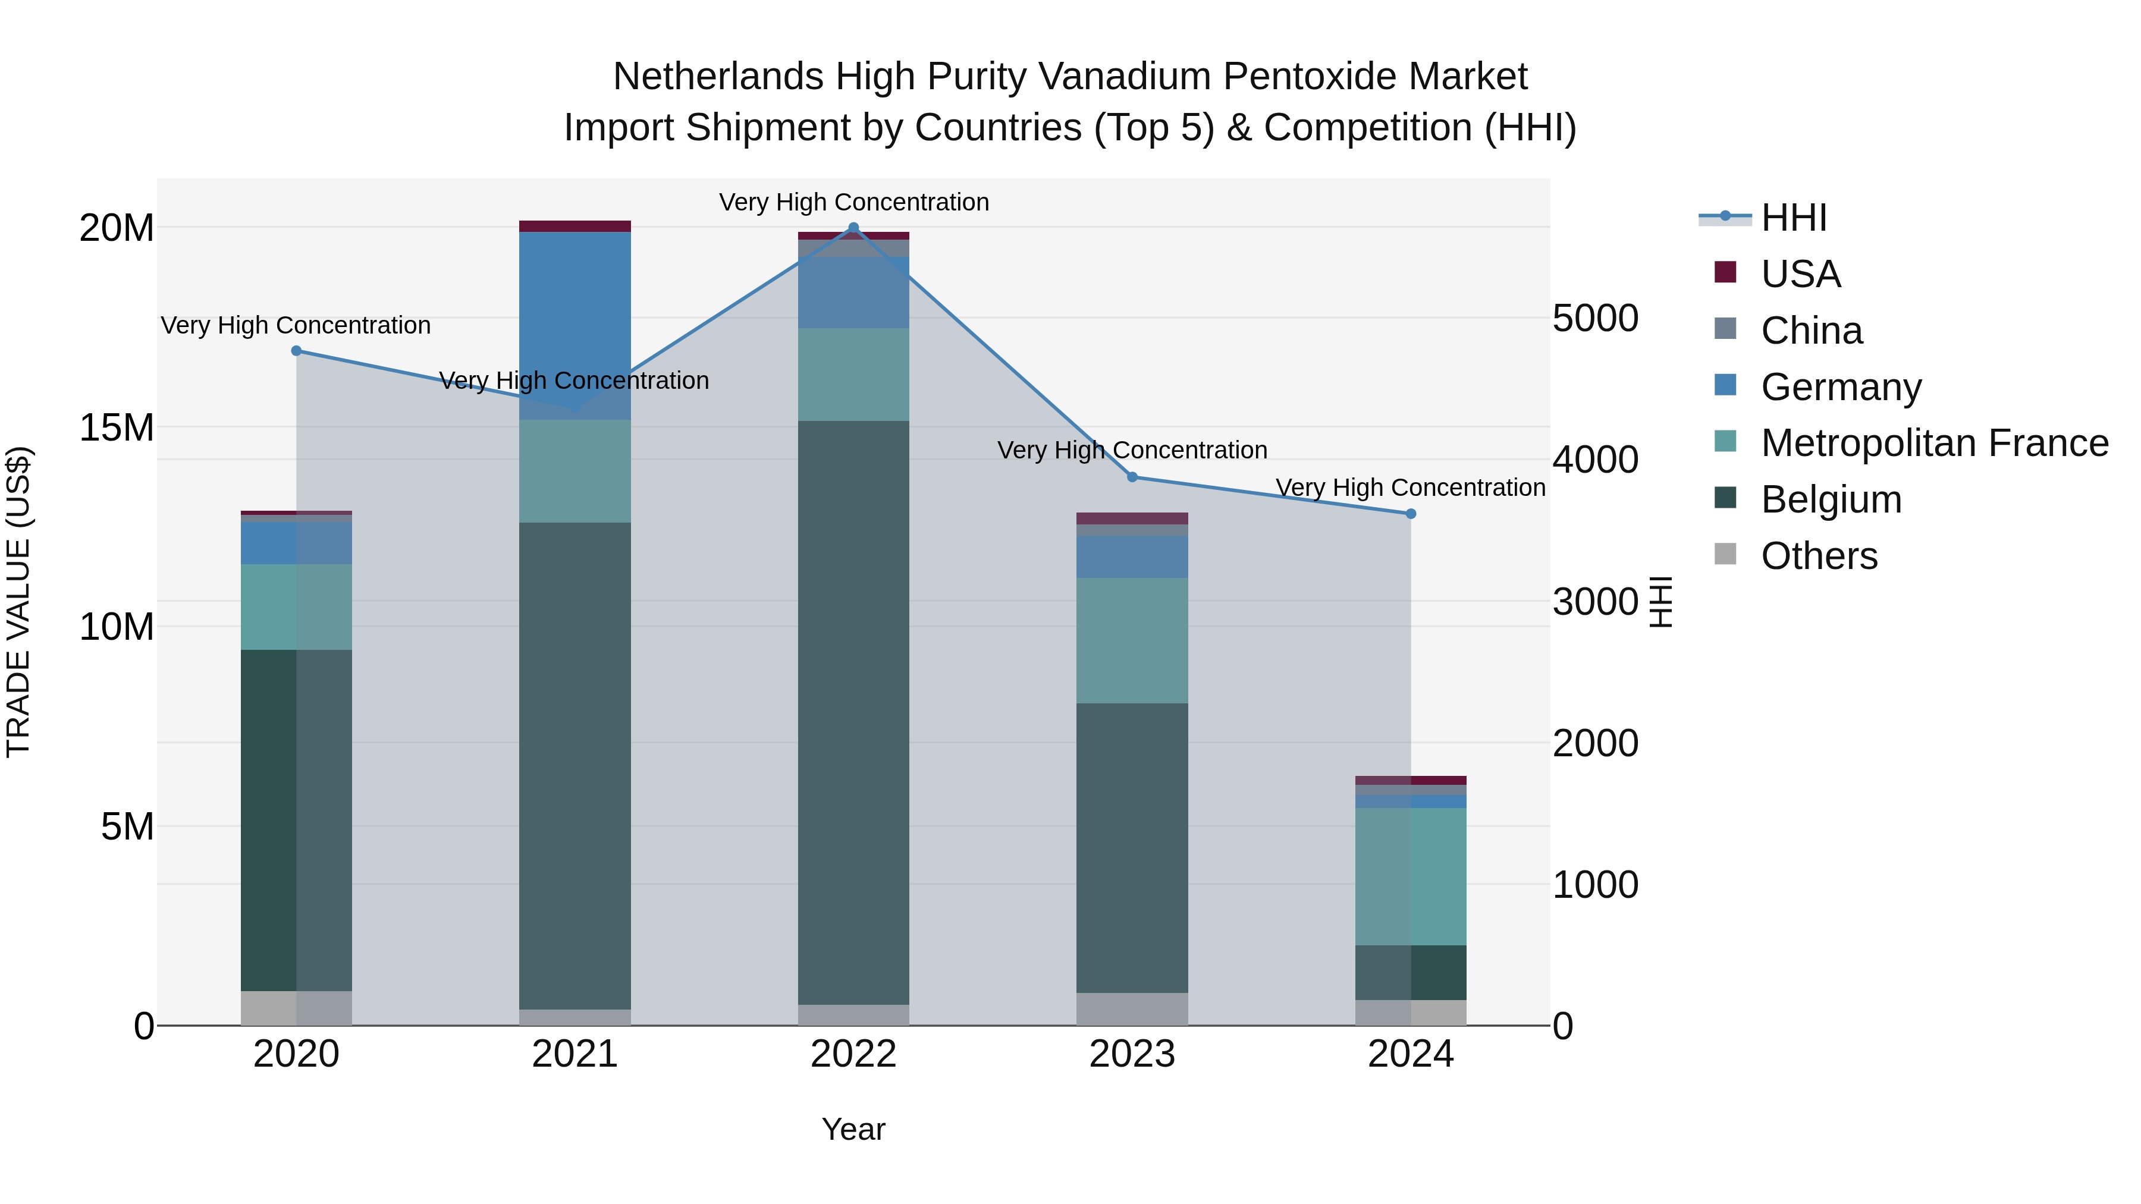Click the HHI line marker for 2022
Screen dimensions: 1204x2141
click(x=853, y=228)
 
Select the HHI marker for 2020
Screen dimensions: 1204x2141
click(x=296, y=351)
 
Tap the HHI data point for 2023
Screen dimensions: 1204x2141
click(x=1132, y=477)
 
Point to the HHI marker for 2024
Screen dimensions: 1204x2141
click(x=1411, y=514)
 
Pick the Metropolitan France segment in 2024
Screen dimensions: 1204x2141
click(x=1411, y=876)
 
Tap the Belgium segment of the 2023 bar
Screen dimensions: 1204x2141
click(x=1132, y=847)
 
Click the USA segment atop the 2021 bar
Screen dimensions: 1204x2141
click(x=575, y=226)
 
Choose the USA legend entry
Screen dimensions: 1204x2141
click(x=1800, y=274)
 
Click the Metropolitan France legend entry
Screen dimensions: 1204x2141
click(x=1934, y=443)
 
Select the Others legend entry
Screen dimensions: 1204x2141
click(x=1819, y=556)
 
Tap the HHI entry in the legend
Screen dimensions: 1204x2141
click(x=1794, y=218)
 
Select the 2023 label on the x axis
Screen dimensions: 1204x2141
click(x=1132, y=1054)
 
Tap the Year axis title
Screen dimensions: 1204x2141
click(x=853, y=1129)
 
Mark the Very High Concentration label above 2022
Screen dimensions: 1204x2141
click(x=853, y=202)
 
